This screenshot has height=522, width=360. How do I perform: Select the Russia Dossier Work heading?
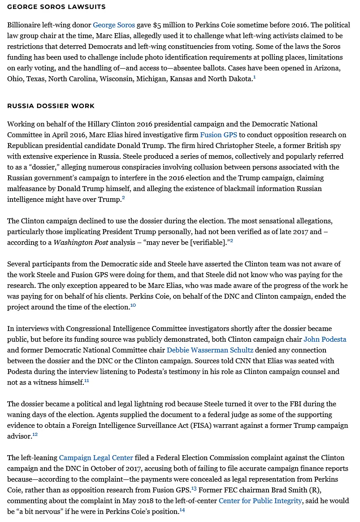(51, 106)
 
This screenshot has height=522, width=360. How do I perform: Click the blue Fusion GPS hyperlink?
(218, 135)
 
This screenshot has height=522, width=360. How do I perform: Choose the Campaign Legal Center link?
(96, 458)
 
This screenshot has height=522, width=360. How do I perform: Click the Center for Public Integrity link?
(260, 501)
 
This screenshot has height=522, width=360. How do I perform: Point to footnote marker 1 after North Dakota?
(254, 78)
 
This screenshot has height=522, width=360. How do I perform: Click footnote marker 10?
(133, 305)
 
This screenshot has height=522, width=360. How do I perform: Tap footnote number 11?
(87, 381)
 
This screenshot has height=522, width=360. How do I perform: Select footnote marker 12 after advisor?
(35, 435)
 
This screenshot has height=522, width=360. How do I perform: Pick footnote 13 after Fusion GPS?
(194, 488)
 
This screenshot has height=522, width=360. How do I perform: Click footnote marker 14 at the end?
(182, 510)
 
